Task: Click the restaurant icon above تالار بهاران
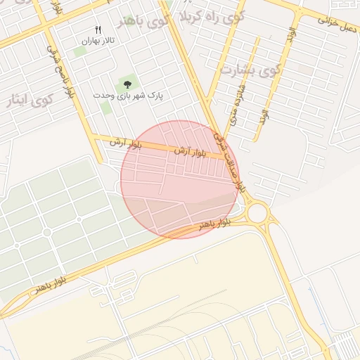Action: click(98, 30)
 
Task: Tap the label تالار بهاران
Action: click(98, 41)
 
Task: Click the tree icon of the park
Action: click(127, 85)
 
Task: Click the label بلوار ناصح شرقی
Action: click(61, 73)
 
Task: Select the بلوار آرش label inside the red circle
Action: click(190, 152)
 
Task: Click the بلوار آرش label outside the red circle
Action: click(125, 143)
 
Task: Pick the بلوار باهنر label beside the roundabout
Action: click(214, 224)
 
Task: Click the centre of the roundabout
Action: click(257, 212)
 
